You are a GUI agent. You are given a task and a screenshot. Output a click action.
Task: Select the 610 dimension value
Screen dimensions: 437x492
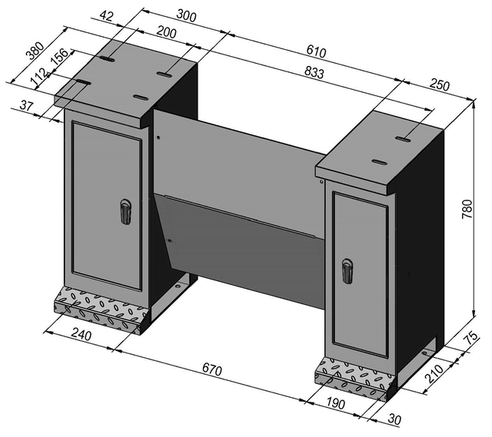[x=317, y=52]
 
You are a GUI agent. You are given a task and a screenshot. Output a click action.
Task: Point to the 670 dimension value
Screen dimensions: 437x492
[x=211, y=370]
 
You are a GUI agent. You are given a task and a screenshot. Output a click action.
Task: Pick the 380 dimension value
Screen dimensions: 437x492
[x=35, y=51]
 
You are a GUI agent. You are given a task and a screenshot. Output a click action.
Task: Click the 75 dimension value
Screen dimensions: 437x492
[x=473, y=339]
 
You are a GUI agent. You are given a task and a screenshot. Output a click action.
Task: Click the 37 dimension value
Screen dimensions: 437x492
[x=27, y=106]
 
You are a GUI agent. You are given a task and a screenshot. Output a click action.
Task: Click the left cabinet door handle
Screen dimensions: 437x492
[x=125, y=211]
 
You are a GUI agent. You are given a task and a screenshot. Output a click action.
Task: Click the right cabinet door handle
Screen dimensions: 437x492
[x=347, y=270]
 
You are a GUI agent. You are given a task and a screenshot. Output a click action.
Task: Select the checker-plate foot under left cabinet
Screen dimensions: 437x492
[x=99, y=308]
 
